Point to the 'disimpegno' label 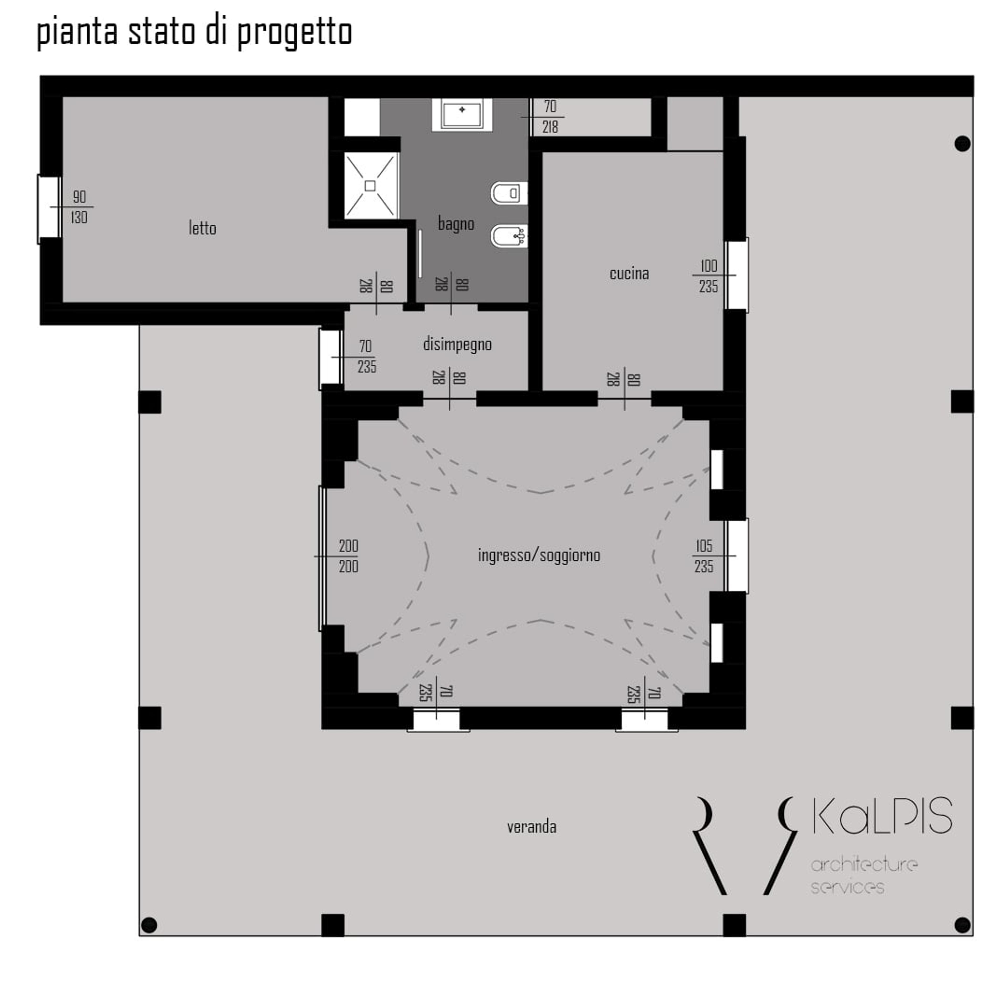458,344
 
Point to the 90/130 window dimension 79,207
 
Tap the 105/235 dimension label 704,556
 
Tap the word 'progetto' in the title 295,32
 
